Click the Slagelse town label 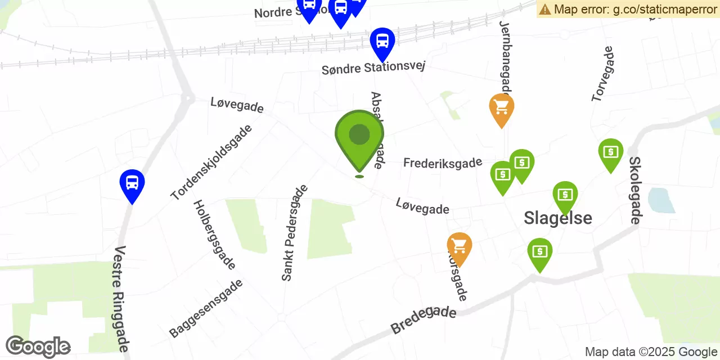coord(557,218)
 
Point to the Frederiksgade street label coord(443,163)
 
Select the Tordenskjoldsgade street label coord(211,163)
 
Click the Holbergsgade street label coord(214,235)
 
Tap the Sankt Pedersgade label coord(295,233)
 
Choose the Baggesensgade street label coord(206,308)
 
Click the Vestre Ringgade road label coord(121,299)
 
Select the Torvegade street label coord(602,74)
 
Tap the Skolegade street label coord(634,190)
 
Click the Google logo coord(38,346)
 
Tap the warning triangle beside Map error coord(545,9)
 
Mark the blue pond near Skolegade coord(661,200)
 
